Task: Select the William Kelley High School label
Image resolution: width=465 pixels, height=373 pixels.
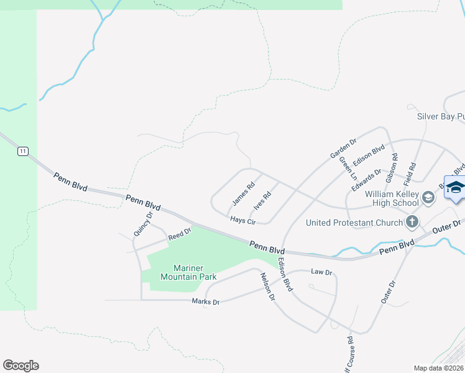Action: tap(392, 198)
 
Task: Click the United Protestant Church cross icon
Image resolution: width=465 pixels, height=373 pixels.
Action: tap(412, 221)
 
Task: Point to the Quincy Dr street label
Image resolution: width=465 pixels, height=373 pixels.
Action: tap(142, 225)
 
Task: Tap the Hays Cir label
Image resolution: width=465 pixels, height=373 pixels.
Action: tap(242, 221)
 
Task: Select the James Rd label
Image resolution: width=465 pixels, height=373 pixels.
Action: tap(243, 193)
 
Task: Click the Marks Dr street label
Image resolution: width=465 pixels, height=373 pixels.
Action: tap(206, 302)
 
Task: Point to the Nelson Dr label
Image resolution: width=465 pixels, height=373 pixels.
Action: tap(267, 287)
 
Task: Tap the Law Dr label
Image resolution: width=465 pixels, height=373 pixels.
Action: tap(321, 272)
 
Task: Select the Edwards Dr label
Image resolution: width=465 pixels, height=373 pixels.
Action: tap(365, 180)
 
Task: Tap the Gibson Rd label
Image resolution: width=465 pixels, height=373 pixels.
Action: tap(390, 167)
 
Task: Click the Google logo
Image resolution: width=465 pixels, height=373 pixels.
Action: tap(21, 366)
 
